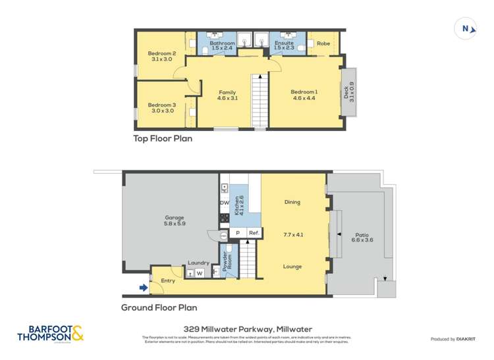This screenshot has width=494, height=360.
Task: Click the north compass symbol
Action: pos(466,28)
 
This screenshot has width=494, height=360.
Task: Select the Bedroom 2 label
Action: pos(161,56)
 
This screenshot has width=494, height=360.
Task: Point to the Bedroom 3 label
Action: pos(161,108)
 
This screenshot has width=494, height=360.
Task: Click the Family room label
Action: pos(227,95)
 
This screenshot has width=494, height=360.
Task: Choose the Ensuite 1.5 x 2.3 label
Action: pos(284,45)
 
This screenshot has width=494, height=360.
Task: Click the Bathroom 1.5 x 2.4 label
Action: pos(221,45)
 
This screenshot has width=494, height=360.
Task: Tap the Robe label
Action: pos(323,43)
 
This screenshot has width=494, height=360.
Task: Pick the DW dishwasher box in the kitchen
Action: pos(224,203)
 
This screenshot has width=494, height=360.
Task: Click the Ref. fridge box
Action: pos(254,233)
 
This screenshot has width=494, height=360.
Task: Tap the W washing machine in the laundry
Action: pos(199,273)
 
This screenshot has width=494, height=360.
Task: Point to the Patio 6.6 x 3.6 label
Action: pos(362,237)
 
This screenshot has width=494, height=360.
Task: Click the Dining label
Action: pos(292,202)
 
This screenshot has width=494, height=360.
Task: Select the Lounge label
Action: pos(292,267)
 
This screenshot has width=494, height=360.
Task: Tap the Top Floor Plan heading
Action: pos(163,139)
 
